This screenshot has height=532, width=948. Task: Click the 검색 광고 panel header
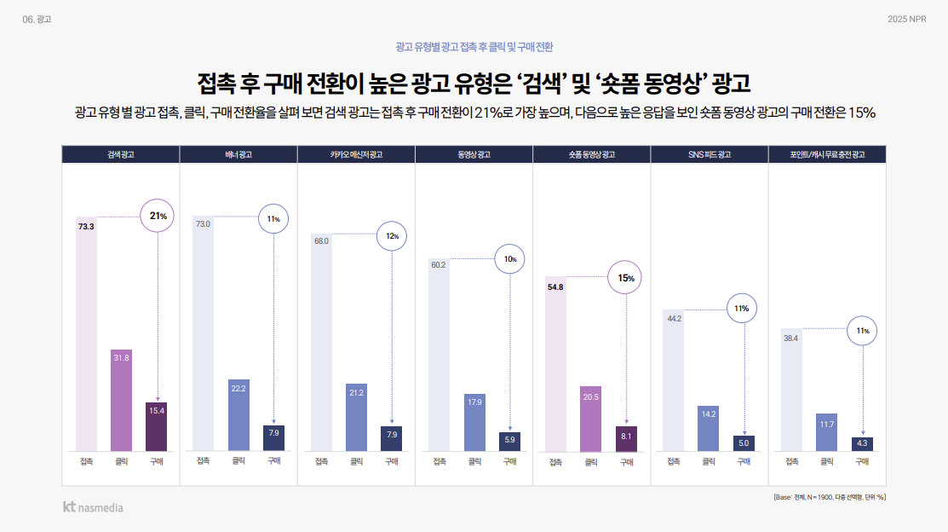tap(120, 154)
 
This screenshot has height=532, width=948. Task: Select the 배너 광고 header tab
tap(238, 154)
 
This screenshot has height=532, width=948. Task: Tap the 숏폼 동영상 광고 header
tap(591, 154)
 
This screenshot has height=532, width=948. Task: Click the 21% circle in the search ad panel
tap(158, 217)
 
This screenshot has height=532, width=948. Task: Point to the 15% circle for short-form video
tap(626, 278)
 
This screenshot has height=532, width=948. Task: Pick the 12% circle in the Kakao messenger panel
tap(392, 236)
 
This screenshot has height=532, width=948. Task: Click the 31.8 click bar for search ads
tap(121, 399)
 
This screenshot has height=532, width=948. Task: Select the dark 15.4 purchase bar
tap(157, 425)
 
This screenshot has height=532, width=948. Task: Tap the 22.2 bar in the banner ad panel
tap(238, 414)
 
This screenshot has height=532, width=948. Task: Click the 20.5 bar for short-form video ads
tap(591, 419)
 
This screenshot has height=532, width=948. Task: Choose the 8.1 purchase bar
tap(626, 438)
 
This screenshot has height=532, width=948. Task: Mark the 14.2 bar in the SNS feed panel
tap(709, 428)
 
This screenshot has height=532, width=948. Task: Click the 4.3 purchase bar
tap(862, 443)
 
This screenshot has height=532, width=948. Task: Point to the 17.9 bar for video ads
tap(474, 422)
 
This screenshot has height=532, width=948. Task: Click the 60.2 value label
tap(439, 265)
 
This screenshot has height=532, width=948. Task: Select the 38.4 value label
tap(790, 338)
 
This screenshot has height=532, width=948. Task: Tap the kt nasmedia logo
tap(93, 507)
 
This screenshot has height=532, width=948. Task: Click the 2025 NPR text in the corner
tap(906, 20)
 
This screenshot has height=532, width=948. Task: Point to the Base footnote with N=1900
tap(829, 496)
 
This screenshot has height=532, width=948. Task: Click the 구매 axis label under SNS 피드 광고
tap(744, 462)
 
